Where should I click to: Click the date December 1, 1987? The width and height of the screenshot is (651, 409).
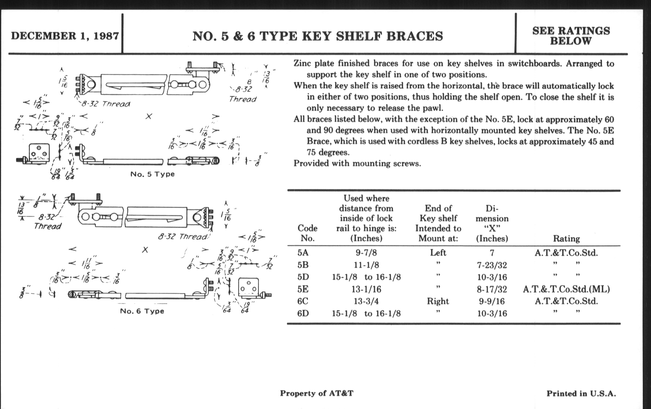click(65, 36)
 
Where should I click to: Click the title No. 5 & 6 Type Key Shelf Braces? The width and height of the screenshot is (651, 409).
click(318, 36)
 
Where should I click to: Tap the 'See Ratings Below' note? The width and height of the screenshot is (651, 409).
click(571, 36)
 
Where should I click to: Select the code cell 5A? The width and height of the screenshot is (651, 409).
click(303, 253)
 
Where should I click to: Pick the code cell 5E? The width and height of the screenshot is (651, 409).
click(303, 289)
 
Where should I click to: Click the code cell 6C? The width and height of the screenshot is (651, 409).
click(303, 301)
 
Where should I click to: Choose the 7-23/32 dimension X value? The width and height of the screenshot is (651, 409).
click(492, 265)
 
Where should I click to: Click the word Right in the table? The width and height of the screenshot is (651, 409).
click(438, 301)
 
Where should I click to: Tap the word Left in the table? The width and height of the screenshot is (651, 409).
click(438, 253)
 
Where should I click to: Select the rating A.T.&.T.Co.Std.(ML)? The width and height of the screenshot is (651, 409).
click(566, 289)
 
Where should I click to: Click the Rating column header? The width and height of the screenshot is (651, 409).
click(566, 238)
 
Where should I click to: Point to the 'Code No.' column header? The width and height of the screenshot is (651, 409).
click(307, 233)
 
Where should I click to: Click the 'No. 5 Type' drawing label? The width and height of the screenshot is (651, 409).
click(153, 174)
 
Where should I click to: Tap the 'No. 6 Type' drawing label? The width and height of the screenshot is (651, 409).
click(142, 311)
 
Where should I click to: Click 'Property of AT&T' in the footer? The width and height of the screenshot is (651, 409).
click(317, 393)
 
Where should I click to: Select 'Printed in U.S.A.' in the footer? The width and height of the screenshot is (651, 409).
click(581, 393)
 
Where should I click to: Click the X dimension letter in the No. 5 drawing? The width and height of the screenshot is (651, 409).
click(149, 116)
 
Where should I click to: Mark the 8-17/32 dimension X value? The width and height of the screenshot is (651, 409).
click(492, 289)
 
